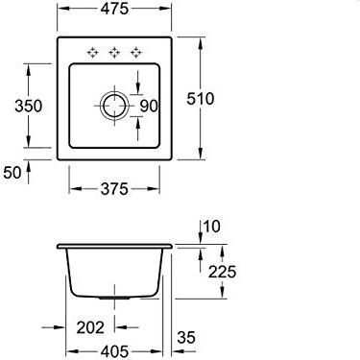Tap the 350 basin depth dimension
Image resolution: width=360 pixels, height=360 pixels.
(x=29, y=106)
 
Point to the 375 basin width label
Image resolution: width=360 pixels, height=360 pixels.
(x=114, y=189)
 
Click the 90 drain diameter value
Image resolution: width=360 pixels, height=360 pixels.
(x=149, y=106)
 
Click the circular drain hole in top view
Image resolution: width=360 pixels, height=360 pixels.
(x=114, y=106)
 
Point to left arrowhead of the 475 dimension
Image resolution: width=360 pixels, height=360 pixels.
(x=60, y=12)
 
